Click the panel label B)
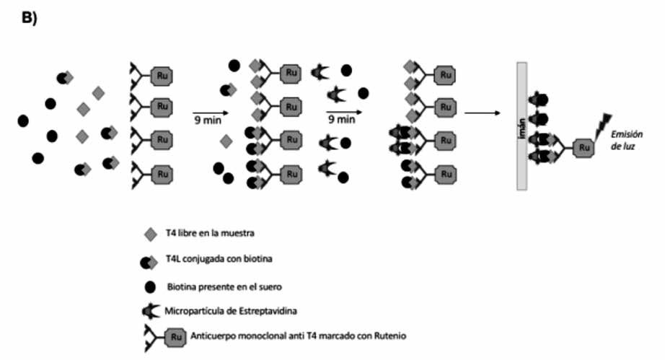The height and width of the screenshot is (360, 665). click(30, 19)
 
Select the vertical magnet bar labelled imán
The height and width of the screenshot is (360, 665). click(521, 126)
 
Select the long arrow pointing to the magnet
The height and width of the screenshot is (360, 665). click(483, 113)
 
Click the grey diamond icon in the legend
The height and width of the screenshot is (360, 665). click(151, 233)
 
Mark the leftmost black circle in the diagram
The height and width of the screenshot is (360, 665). click(23, 120)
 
